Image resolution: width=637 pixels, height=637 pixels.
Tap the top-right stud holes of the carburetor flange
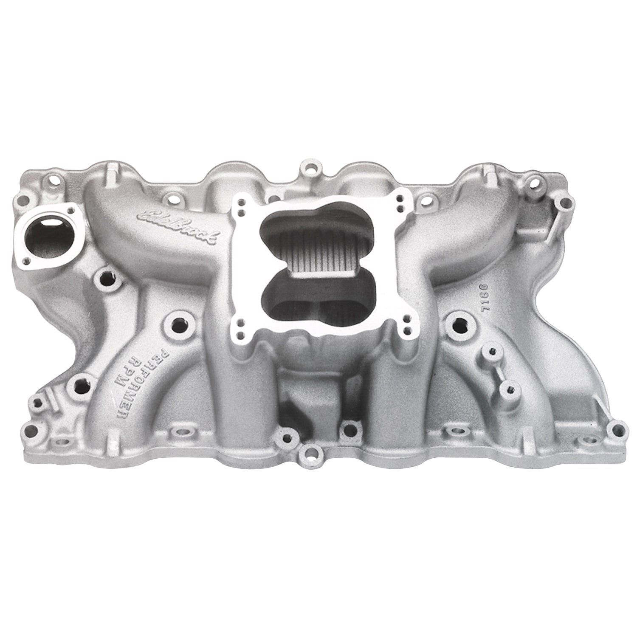pos(400,203)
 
